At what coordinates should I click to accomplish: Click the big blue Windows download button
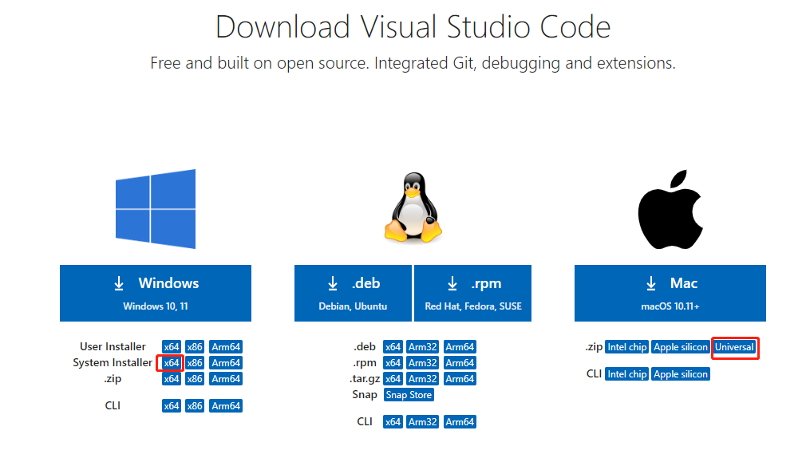[156, 293]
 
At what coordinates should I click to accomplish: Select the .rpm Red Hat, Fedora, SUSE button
[473, 293]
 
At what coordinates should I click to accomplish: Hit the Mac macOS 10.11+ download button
[670, 293]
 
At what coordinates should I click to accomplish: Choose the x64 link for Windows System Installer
[172, 363]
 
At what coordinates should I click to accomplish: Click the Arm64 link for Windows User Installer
[226, 347]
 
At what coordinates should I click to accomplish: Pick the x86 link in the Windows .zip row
[195, 379]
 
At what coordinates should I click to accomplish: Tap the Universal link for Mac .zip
[734, 347]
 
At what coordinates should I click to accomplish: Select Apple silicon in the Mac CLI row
[681, 374]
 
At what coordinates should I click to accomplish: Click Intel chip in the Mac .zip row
[626, 347]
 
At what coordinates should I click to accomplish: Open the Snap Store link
[409, 395]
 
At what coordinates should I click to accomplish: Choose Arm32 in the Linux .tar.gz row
[423, 379]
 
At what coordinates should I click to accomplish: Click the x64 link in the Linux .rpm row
[393, 363]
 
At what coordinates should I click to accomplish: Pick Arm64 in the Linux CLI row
[460, 422]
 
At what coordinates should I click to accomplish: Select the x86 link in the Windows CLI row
[195, 406]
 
